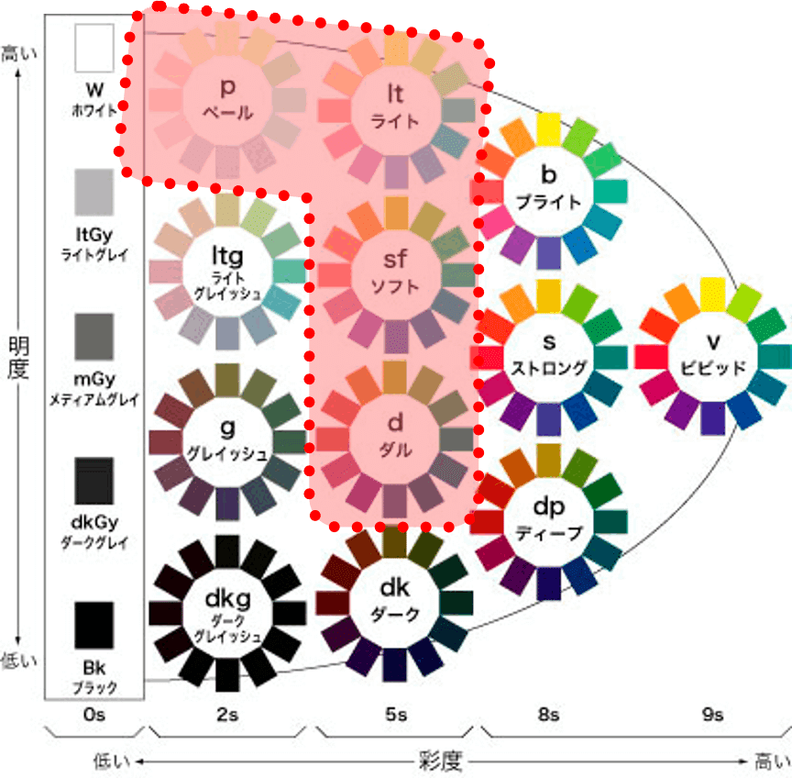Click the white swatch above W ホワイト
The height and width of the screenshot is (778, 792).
pyautogui.click(x=94, y=49)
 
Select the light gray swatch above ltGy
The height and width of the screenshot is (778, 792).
pyautogui.click(x=94, y=192)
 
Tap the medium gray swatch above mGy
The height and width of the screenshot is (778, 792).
pyautogui.click(x=94, y=337)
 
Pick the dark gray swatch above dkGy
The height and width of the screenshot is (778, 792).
pyautogui.click(x=94, y=481)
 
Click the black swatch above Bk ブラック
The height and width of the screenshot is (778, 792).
pyautogui.click(x=94, y=625)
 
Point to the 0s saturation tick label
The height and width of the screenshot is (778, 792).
pyautogui.click(x=94, y=715)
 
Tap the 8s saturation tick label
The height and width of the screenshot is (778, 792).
pyautogui.click(x=548, y=715)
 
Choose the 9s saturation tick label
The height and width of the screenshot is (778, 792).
pyautogui.click(x=712, y=715)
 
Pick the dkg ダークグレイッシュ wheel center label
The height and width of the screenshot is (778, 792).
pyautogui.click(x=227, y=612)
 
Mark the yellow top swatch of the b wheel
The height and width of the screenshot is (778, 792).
pyautogui.click(x=548, y=128)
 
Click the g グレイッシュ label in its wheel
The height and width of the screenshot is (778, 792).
pyautogui.click(x=227, y=440)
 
